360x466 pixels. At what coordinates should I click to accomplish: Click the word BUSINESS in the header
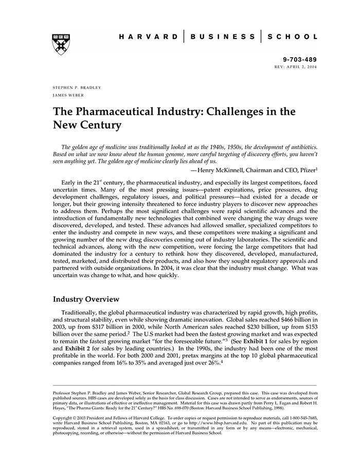(223, 37)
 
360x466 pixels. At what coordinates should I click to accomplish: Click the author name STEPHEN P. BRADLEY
(77, 87)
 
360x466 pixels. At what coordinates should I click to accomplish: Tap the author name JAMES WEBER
(68, 95)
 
